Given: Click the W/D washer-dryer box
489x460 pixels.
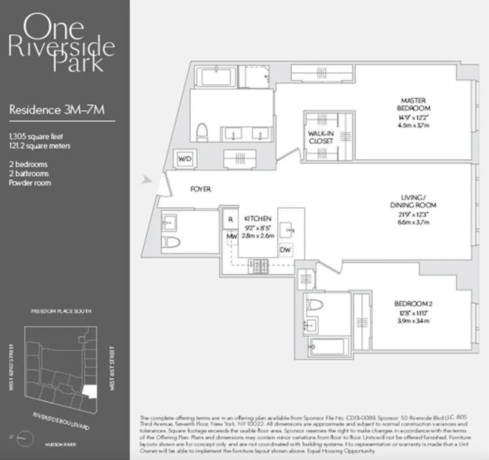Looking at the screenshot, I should tap(185, 159).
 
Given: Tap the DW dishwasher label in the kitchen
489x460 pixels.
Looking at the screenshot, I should tap(285, 249).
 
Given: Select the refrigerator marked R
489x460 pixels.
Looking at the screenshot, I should tap(231, 220).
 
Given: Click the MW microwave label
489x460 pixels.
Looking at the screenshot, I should tap(232, 236).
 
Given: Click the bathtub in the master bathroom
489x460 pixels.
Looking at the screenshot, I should tap(216, 77).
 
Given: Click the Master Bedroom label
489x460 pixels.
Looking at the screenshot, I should tap(413, 104).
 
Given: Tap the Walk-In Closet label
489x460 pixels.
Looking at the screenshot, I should tap(321, 137).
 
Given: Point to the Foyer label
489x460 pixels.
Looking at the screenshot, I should tap(200, 189).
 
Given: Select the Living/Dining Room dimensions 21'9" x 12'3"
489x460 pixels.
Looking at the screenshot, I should tap(413, 214).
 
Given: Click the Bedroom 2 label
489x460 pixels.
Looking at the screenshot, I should tap(413, 304).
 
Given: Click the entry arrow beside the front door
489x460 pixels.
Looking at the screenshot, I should tap(146, 179).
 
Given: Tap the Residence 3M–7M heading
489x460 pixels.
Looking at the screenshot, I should tap(57, 110).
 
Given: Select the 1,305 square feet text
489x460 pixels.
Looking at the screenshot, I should tap(36, 136).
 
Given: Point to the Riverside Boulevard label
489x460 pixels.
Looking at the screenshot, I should tap(61, 420).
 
